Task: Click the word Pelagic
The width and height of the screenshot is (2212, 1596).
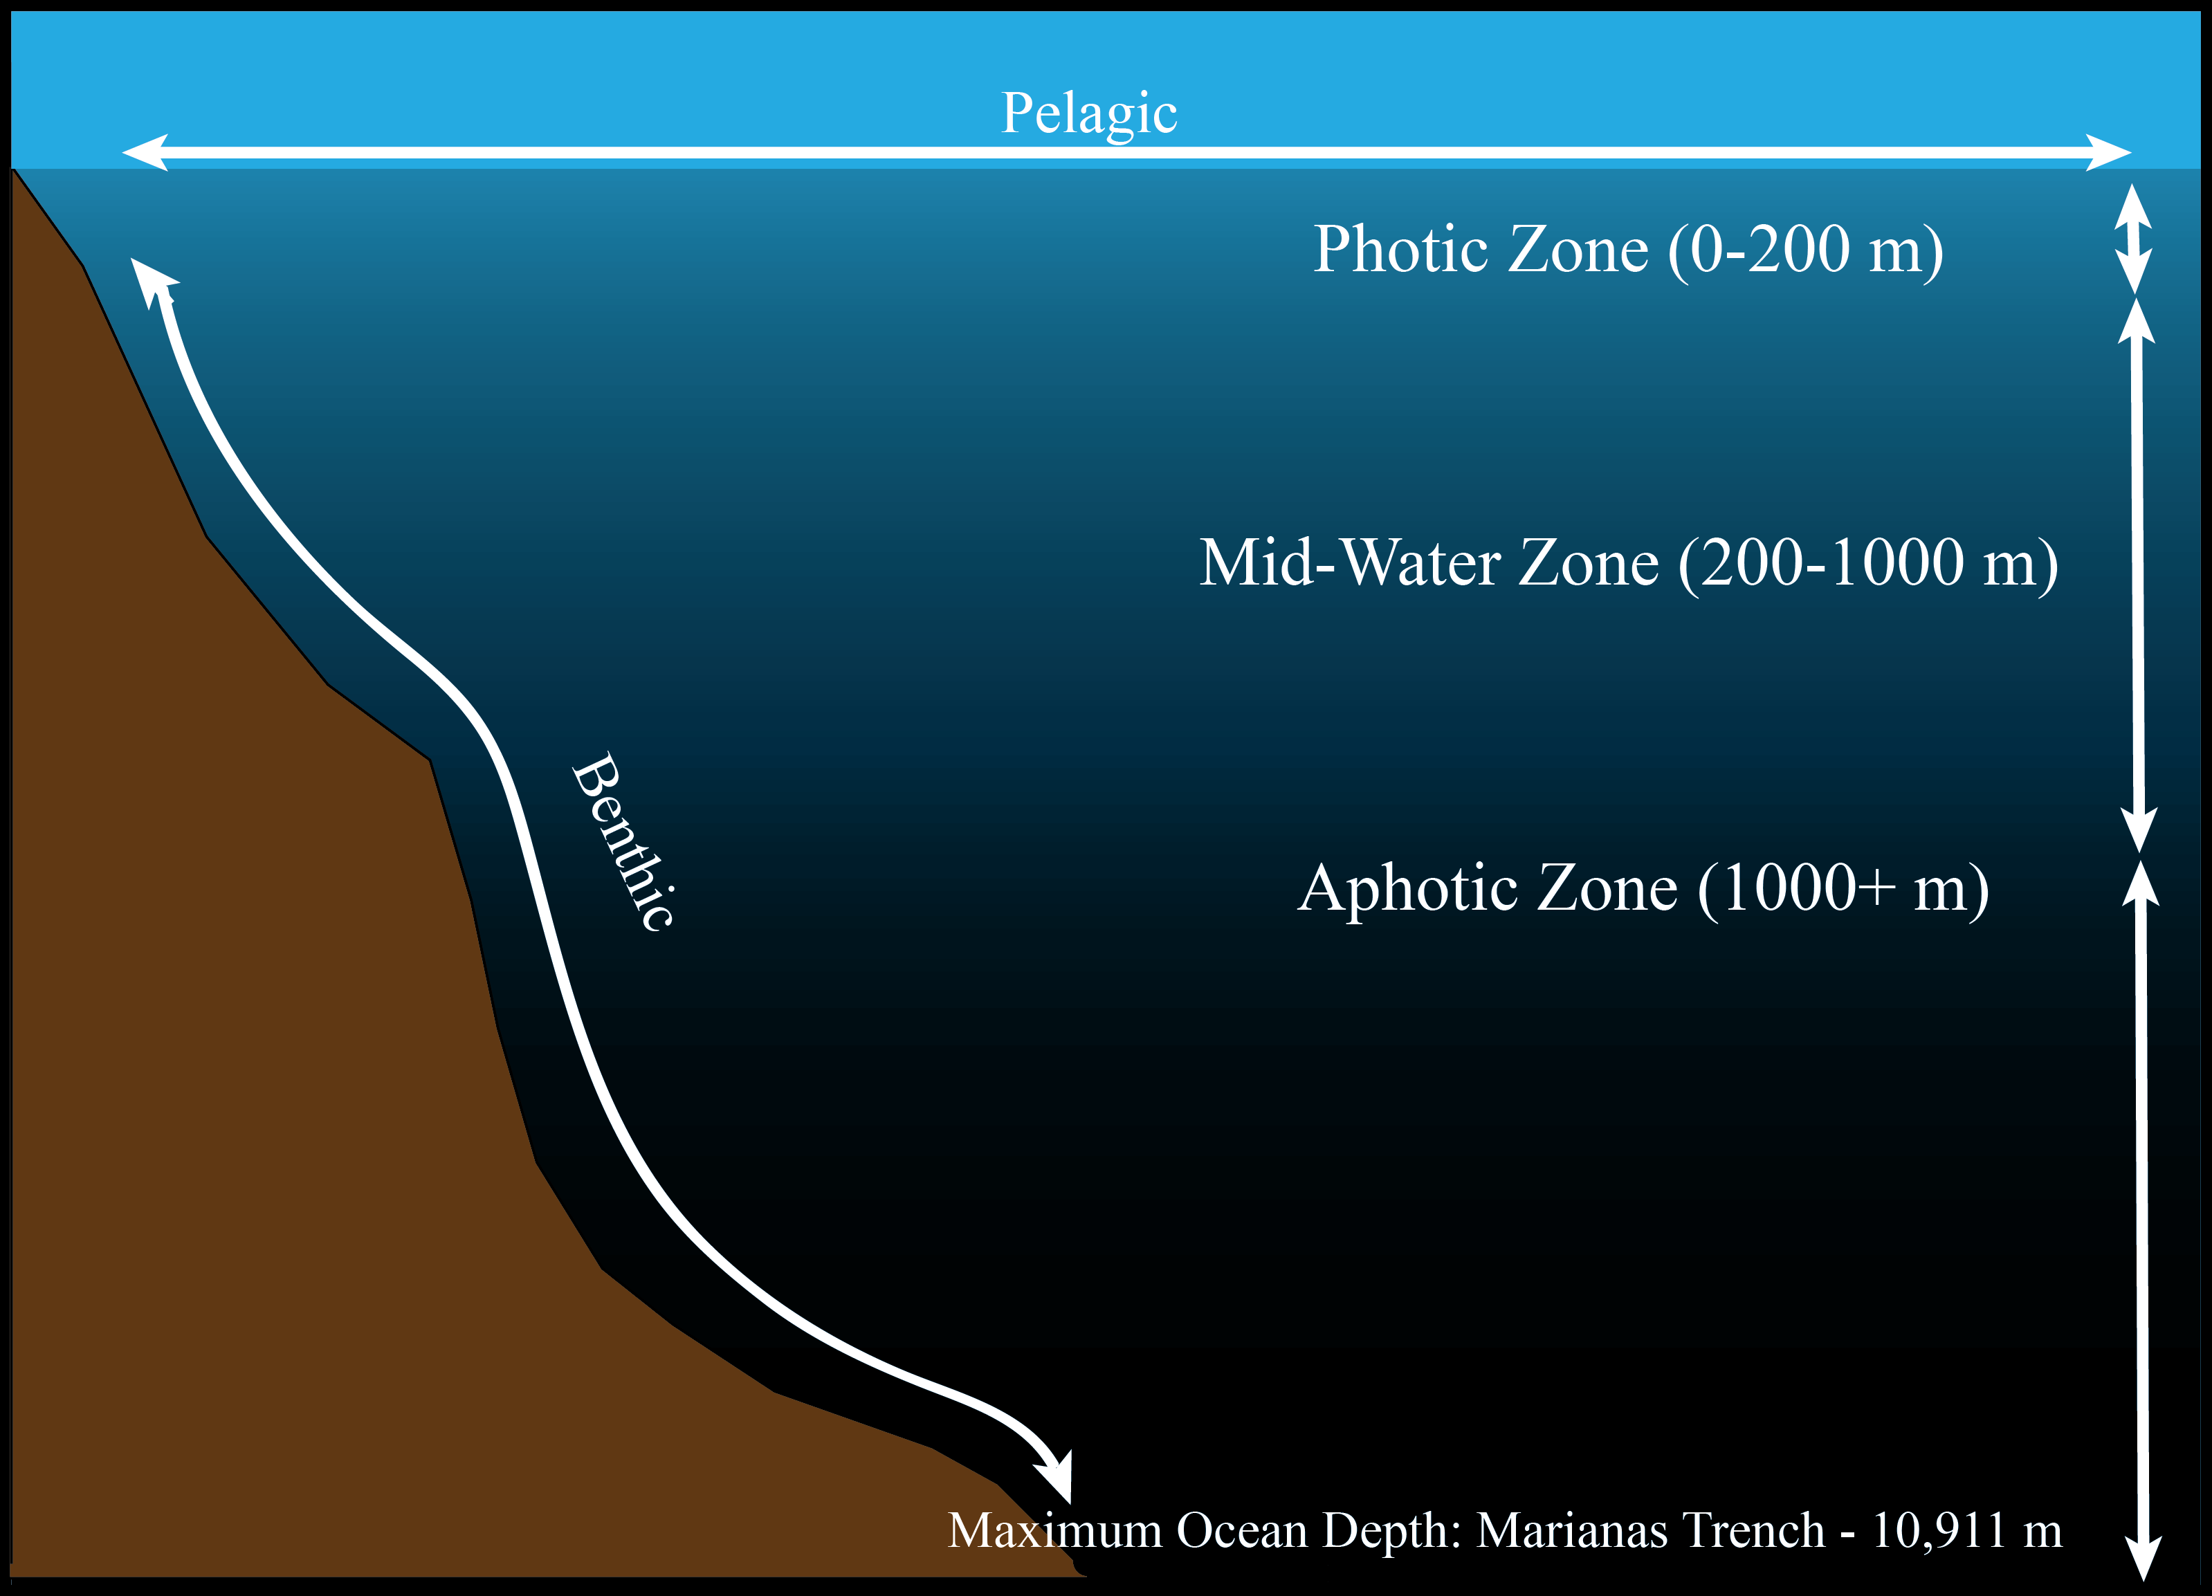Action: point(1090,115)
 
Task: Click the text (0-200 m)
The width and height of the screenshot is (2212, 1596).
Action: point(1807,250)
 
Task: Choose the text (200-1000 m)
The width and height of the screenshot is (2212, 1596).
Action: point(1869,565)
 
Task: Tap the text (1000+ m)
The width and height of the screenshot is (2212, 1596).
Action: point(1843,889)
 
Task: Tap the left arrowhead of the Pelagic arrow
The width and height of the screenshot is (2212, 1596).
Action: point(145,153)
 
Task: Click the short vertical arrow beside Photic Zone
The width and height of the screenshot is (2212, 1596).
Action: point(2133,239)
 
